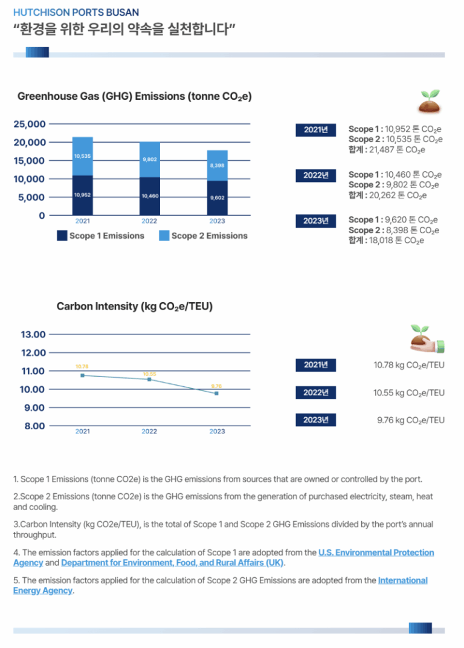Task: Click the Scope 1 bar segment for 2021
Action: [x=83, y=195]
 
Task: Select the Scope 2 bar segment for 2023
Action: [x=217, y=165]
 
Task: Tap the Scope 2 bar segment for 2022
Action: [x=150, y=160]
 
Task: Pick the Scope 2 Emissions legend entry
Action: [x=203, y=236]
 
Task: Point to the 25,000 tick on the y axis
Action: [x=30, y=124]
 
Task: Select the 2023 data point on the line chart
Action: [x=216, y=394]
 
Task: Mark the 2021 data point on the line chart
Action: [x=83, y=375]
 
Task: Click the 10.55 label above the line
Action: [x=149, y=374]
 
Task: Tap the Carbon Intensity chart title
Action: [x=134, y=306]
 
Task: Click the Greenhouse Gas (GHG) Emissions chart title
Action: [x=134, y=96]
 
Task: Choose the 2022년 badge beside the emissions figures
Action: [x=315, y=175]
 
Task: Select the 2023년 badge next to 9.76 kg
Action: [x=315, y=420]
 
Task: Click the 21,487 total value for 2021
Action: [x=387, y=150]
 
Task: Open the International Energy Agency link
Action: [x=402, y=580]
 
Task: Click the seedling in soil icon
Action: [x=430, y=101]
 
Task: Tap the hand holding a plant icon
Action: [x=427, y=339]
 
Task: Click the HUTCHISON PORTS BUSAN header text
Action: [x=76, y=13]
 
